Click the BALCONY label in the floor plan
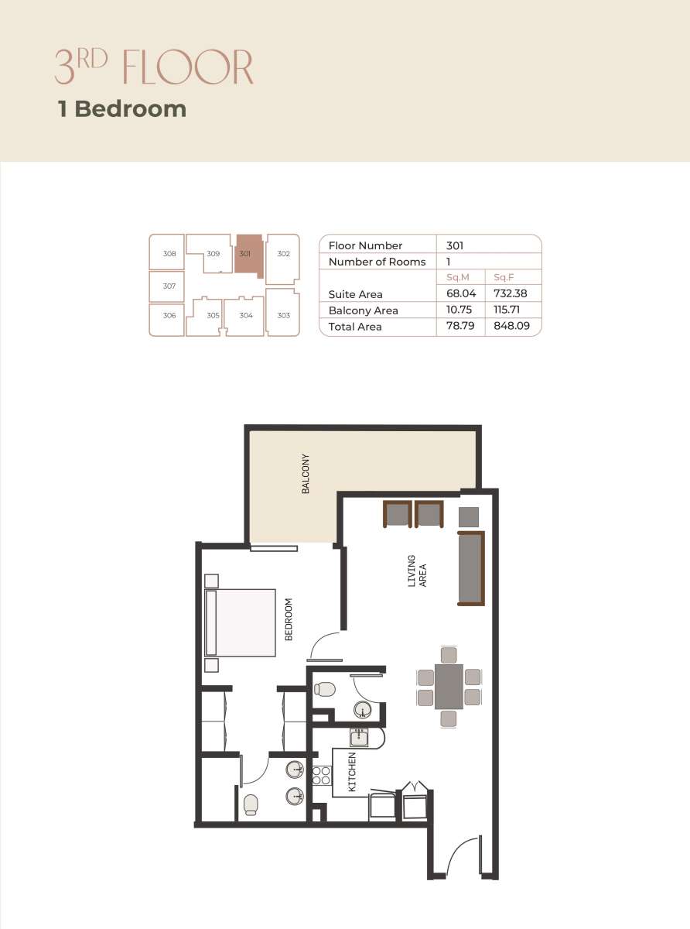(x=306, y=473)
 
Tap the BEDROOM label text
(x=289, y=619)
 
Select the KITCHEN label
(x=352, y=773)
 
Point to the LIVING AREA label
(x=417, y=571)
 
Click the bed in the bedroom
(x=240, y=623)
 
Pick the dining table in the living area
(x=449, y=687)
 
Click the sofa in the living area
(x=471, y=568)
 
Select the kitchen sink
(x=359, y=737)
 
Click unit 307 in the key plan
(x=166, y=286)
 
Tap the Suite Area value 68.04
(x=461, y=293)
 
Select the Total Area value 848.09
(x=511, y=326)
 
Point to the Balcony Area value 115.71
(x=507, y=310)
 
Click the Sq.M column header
(x=458, y=277)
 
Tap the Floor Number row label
(x=365, y=245)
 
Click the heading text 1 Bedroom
(x=122, y=109)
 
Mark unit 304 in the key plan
(x=244, y=316)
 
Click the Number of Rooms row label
(x=377, y=262)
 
